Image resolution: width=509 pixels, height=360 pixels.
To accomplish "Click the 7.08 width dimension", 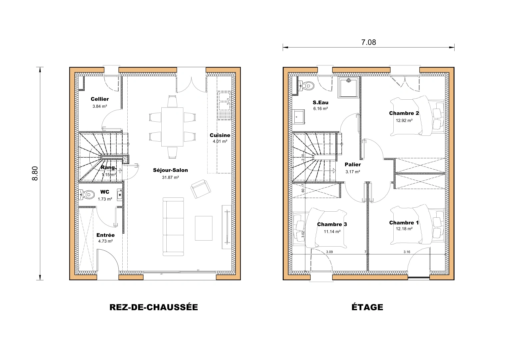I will click(x=368, y=42).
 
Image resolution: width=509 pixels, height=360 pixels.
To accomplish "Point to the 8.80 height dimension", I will click(x=35, y=173).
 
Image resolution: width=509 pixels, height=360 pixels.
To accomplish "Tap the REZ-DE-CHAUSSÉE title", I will click(x=154, y=307).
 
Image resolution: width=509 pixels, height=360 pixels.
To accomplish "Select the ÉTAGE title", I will click(x=367, y=307).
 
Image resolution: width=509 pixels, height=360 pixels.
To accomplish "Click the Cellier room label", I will click(x=100, y=99).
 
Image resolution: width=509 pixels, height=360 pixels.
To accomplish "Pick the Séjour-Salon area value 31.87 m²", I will click(x=170, y=177).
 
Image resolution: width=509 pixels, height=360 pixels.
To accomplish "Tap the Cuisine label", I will click(x=220, y=135).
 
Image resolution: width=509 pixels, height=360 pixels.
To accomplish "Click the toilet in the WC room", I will click(x=88, y=194).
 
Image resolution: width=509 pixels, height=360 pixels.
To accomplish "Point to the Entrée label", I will click(x=105, y=235).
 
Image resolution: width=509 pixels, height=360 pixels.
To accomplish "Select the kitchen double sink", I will click(x=224, y=105).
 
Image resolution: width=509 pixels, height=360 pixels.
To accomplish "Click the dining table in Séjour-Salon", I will click(x=172, y=127).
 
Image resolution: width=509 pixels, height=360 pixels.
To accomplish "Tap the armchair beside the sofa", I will click(x=201, y=189).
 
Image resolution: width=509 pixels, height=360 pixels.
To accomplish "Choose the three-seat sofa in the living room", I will click(x=173, y=227).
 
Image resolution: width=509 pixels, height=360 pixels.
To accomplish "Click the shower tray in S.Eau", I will click(x=349, y=87).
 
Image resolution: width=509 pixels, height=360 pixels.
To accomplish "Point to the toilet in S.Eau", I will click(x=308, y=86).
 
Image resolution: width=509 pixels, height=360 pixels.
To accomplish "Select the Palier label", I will click(x=353, y=164).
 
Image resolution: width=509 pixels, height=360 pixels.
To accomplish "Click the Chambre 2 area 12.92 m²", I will click(x=404, y=120).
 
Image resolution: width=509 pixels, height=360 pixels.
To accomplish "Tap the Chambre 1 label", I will click(x=404, y=223).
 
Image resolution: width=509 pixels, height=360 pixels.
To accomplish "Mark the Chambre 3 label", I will click(x=332, y=224).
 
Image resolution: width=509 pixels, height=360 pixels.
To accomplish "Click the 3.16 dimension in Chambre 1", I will click(x=407, y=252).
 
